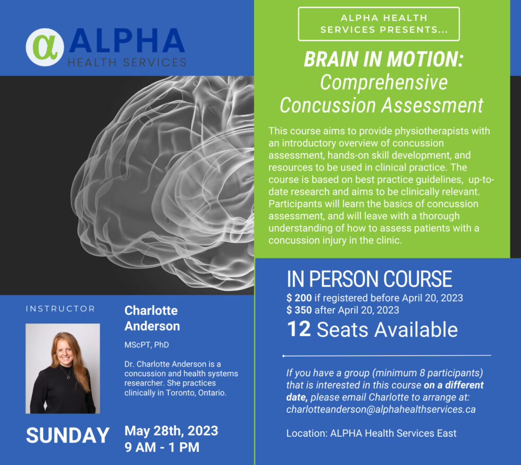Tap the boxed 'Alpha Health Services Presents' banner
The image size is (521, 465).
click(x=379, y=24)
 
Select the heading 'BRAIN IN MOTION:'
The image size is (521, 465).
click(x=383, y=60)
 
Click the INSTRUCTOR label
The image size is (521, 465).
click(x=60, y=309)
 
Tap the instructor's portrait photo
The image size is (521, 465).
click(x=63, y=368)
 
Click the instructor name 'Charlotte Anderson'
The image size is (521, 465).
click(x=152, y=318)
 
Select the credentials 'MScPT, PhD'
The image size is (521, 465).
click(x=147, y=345)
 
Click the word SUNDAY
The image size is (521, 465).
click(x=68, y=435)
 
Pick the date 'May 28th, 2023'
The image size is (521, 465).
click(x=171, y=430)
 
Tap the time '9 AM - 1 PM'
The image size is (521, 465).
click(x=162, y=447)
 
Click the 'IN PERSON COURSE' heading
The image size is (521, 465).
click(x=369, y=279)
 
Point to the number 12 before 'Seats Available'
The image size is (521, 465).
click(x=299, y=329)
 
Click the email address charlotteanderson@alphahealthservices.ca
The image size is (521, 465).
click(x=381, y=409)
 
